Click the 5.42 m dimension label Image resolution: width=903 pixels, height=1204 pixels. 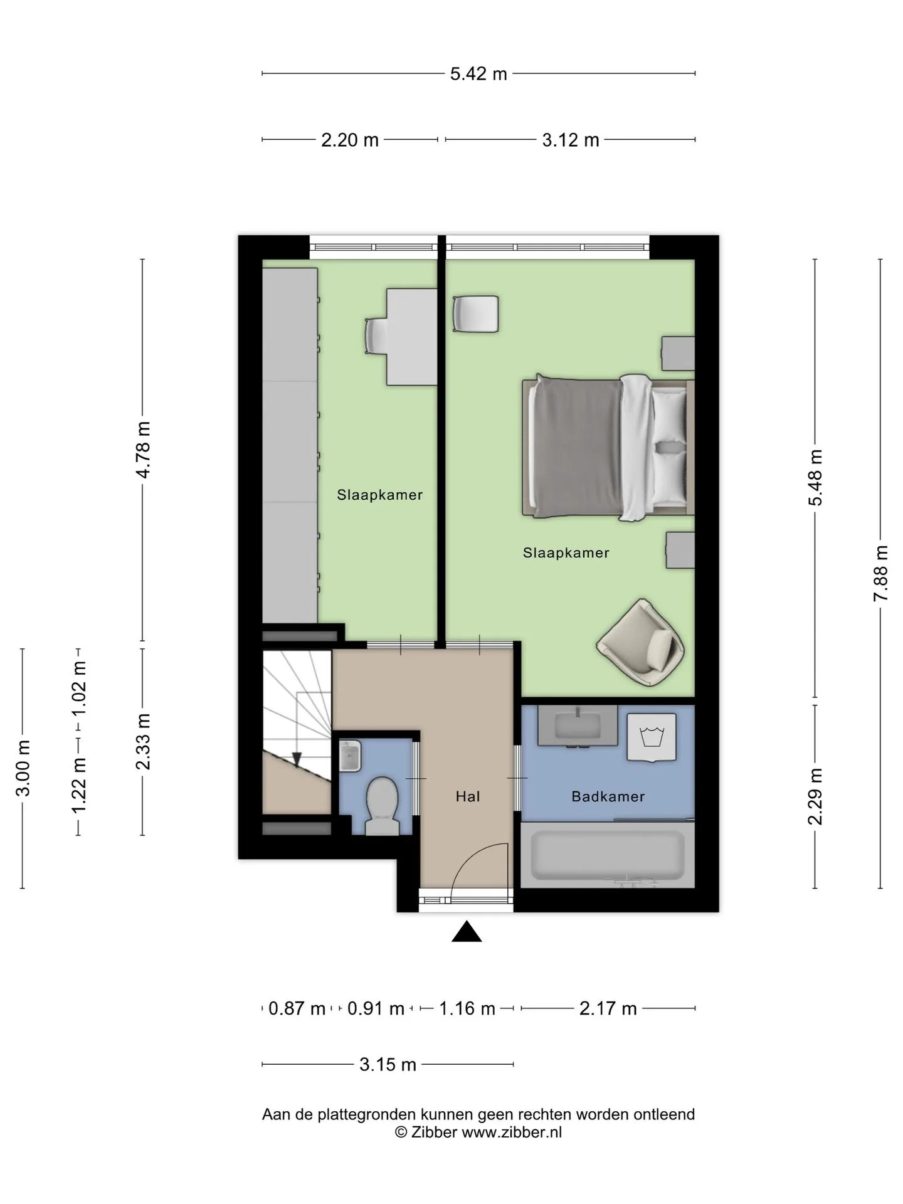pyautogui.click(x=478, y=74)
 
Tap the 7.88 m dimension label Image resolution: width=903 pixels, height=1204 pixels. pyautogui.click(x=881, y=573)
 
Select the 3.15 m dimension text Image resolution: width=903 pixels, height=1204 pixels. pyautogui.click(x=388, y=1064)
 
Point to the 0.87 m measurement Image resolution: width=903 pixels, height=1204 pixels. pyautogui.click(x=297, y=1008)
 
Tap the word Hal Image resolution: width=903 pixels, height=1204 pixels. pyautogui.click(x=468, y=796)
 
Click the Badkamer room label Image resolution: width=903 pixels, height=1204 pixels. pyautogui.click(x=608, y=796)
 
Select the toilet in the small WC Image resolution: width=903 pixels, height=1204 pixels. pyautogui.click(x=382, y=806)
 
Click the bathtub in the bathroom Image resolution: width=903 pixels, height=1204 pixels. pyautogui.click(x=608, y=855)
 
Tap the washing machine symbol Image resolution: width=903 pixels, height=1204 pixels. pyautogui.click(x=652, y=737)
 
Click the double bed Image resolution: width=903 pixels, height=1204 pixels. pyautogui.click(x=608, y=447)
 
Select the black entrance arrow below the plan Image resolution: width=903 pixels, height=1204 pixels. pyautogui.click(x=467, y=931)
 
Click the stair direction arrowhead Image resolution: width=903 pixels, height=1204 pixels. pyautogui.click(x=297, y=759)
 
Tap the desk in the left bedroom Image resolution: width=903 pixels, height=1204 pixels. pyautogui.click(x=411, y=337)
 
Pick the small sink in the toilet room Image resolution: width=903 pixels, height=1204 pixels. pyautogui.click(x=350, y=756)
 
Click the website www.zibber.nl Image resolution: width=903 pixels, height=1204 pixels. pyautogui.click(x=512, y=1132)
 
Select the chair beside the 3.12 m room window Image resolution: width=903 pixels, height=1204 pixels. pyautogui.click(x=475, y=314)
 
